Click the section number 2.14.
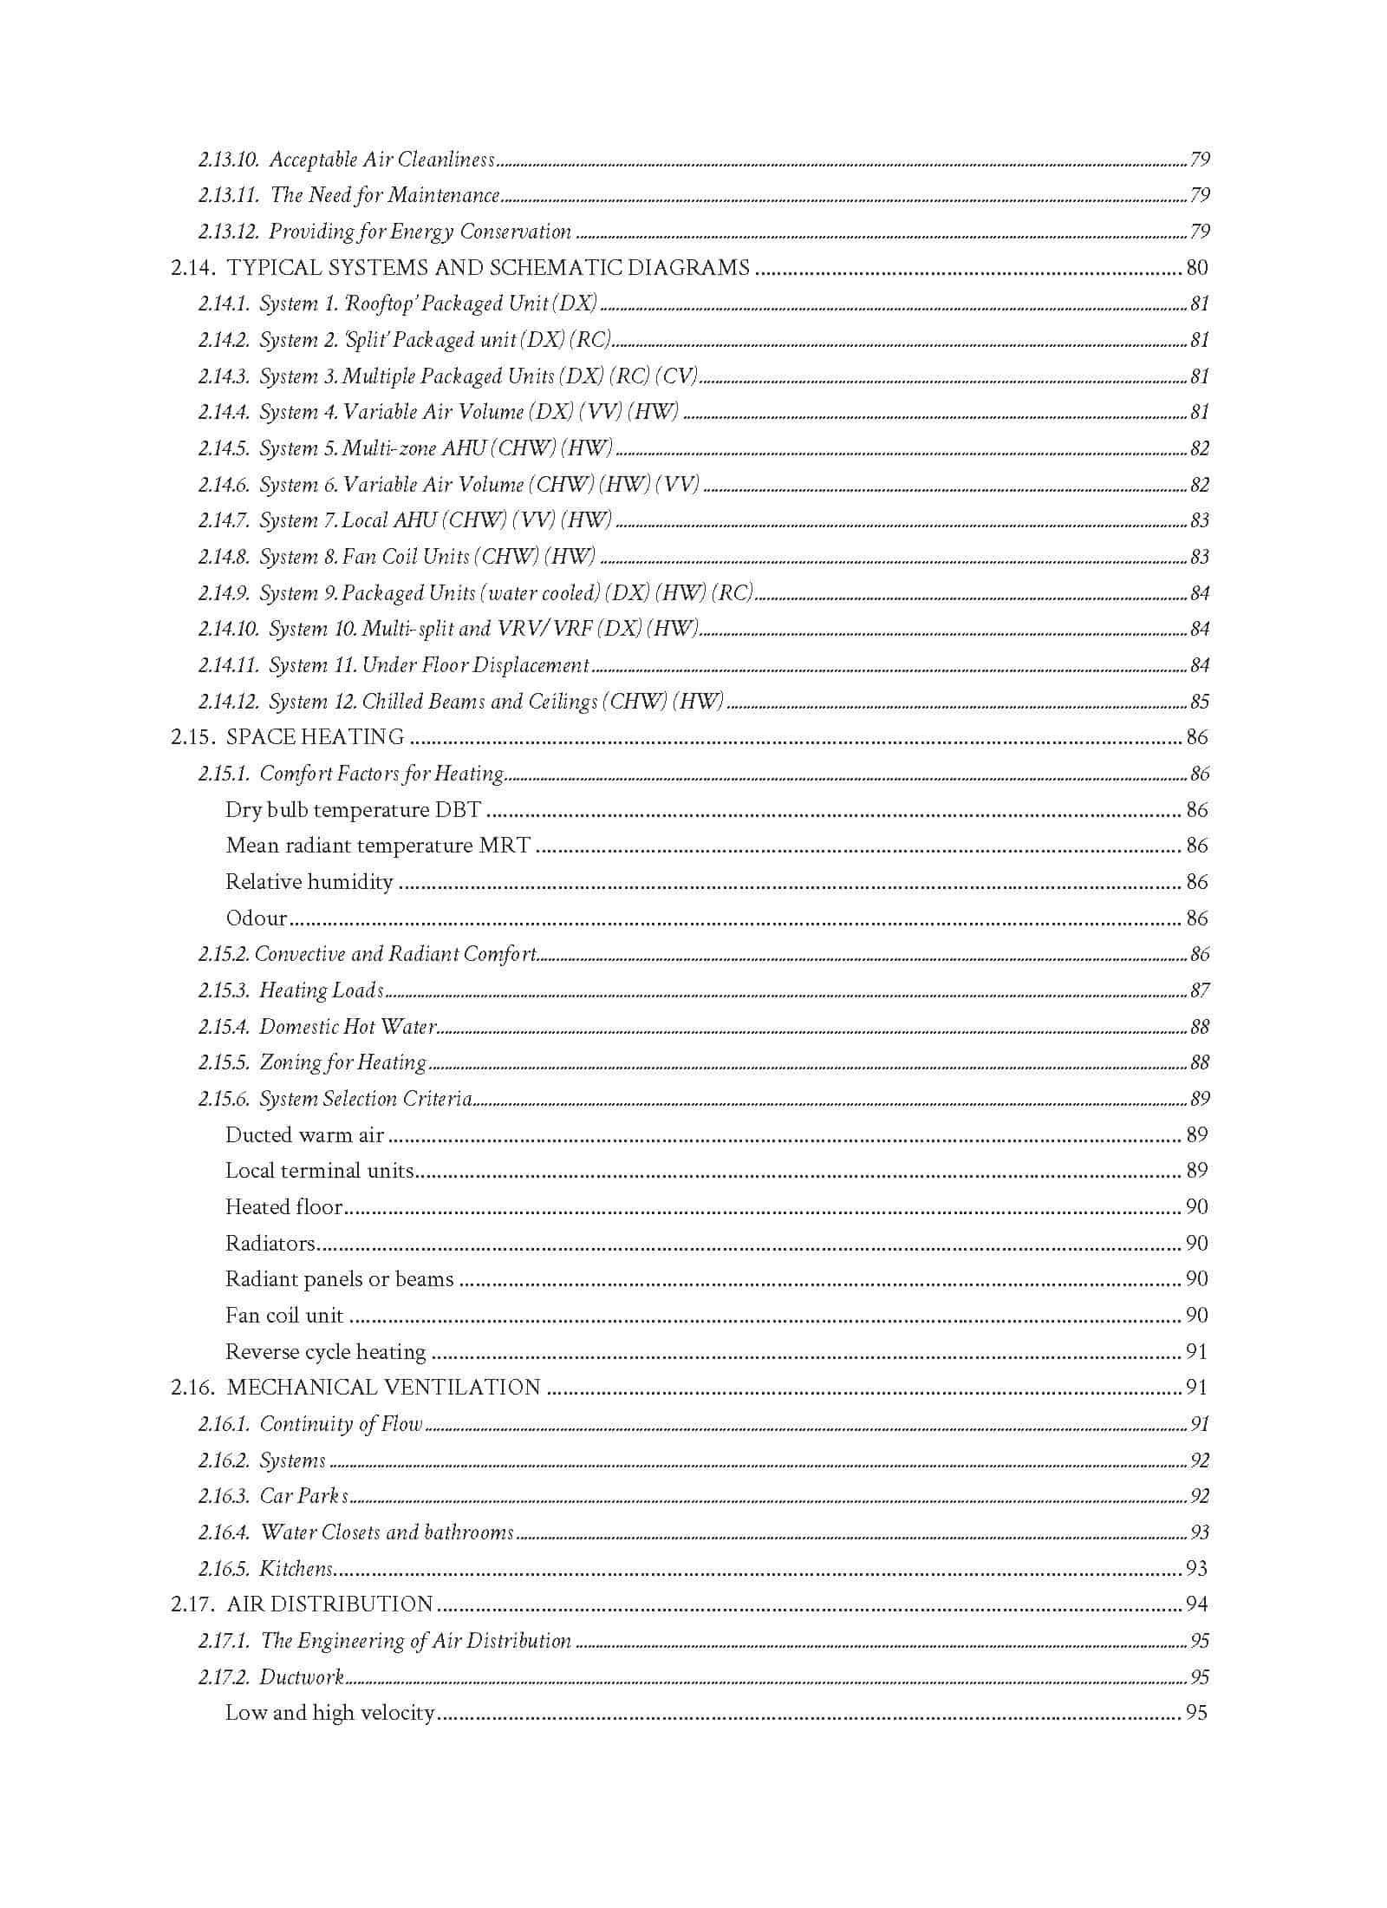(192, 268)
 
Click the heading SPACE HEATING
(315, 737)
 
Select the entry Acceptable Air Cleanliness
(381, 160)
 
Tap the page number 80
(1196, 268)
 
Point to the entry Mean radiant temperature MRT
(378, 846)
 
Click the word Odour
(257, 918)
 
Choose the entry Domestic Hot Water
(348, 1027)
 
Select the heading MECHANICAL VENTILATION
(383, 1388)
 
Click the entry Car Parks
(304, 1496)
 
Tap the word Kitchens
(296, 1568)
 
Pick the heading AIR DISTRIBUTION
(329, 1604)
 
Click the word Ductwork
(302, 1676)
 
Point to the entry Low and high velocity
(329, 1713)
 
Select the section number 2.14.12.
(228, 702)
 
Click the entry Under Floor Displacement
(475, 665)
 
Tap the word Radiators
(270, 1244)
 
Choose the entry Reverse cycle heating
(325, 1352)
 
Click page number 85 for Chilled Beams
(1199, 702)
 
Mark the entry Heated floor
(283, 1207)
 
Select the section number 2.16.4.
(224, 1532)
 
